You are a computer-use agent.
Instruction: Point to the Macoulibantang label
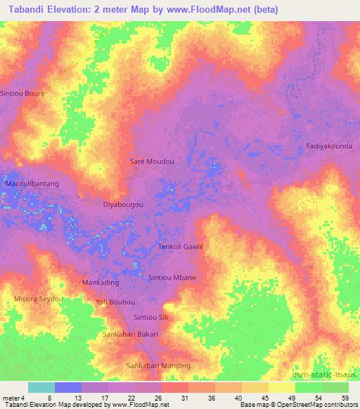point(32,183)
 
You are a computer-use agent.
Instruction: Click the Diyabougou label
point(123,204)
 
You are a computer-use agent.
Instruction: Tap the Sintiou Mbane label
point(172,278)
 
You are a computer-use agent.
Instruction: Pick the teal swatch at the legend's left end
point(41,387)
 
